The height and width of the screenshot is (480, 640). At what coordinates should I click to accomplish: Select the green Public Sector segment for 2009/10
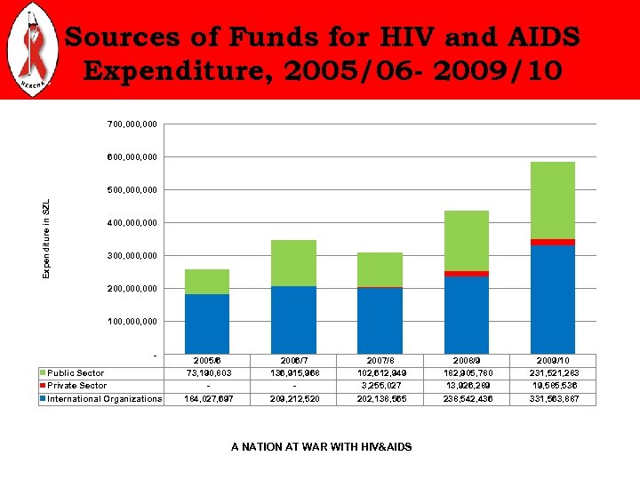tap(552, 200)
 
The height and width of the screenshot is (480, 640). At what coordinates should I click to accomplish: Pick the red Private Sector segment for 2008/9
tap(466, 274)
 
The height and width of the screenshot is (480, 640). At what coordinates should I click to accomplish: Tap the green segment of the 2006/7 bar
tap(293, 263)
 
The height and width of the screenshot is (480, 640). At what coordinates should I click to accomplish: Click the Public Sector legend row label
tap(76, 373)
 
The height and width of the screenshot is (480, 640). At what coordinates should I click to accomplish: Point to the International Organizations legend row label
tap(104, 399)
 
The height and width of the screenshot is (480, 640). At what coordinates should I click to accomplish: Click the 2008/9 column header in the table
tap(466, 361)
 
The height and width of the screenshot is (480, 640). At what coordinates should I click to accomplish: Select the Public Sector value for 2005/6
tap(206, 373)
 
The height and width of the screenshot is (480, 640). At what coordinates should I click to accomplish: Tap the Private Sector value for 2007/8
tap(380, 386)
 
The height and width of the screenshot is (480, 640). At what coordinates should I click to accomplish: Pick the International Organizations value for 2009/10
tap(552, 399)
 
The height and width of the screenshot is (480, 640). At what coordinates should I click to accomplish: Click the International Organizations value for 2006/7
tap(293, 399)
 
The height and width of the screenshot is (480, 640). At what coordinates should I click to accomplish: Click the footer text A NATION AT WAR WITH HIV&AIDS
tap(321, 446)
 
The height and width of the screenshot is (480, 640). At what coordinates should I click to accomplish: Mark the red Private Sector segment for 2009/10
tap(552, 242)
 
